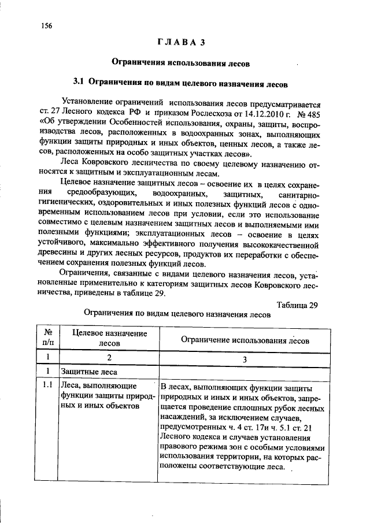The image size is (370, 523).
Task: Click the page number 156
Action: coord(46,25)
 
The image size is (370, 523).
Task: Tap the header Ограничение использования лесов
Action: coord(245,340)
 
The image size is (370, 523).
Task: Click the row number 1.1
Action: coord(48,385)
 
